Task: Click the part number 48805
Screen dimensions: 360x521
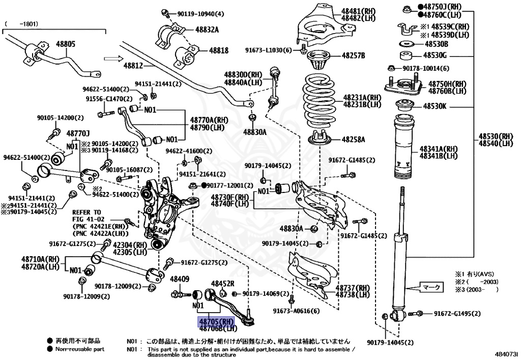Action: (66, 44)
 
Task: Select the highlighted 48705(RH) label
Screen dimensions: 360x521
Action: (216, 321)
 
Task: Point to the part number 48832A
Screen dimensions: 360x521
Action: (207, 30)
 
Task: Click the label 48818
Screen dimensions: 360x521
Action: (219, 50)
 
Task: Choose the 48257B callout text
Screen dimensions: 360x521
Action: (353, 55)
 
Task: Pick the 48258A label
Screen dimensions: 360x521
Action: (353, 139)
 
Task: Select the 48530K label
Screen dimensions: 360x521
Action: (435, 106)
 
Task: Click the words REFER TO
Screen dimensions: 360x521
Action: (86, 212)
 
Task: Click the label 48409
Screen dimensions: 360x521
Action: (179, 279)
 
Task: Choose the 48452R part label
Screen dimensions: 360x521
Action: (223, 283)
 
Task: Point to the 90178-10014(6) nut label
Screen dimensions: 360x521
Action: (426, 68)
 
